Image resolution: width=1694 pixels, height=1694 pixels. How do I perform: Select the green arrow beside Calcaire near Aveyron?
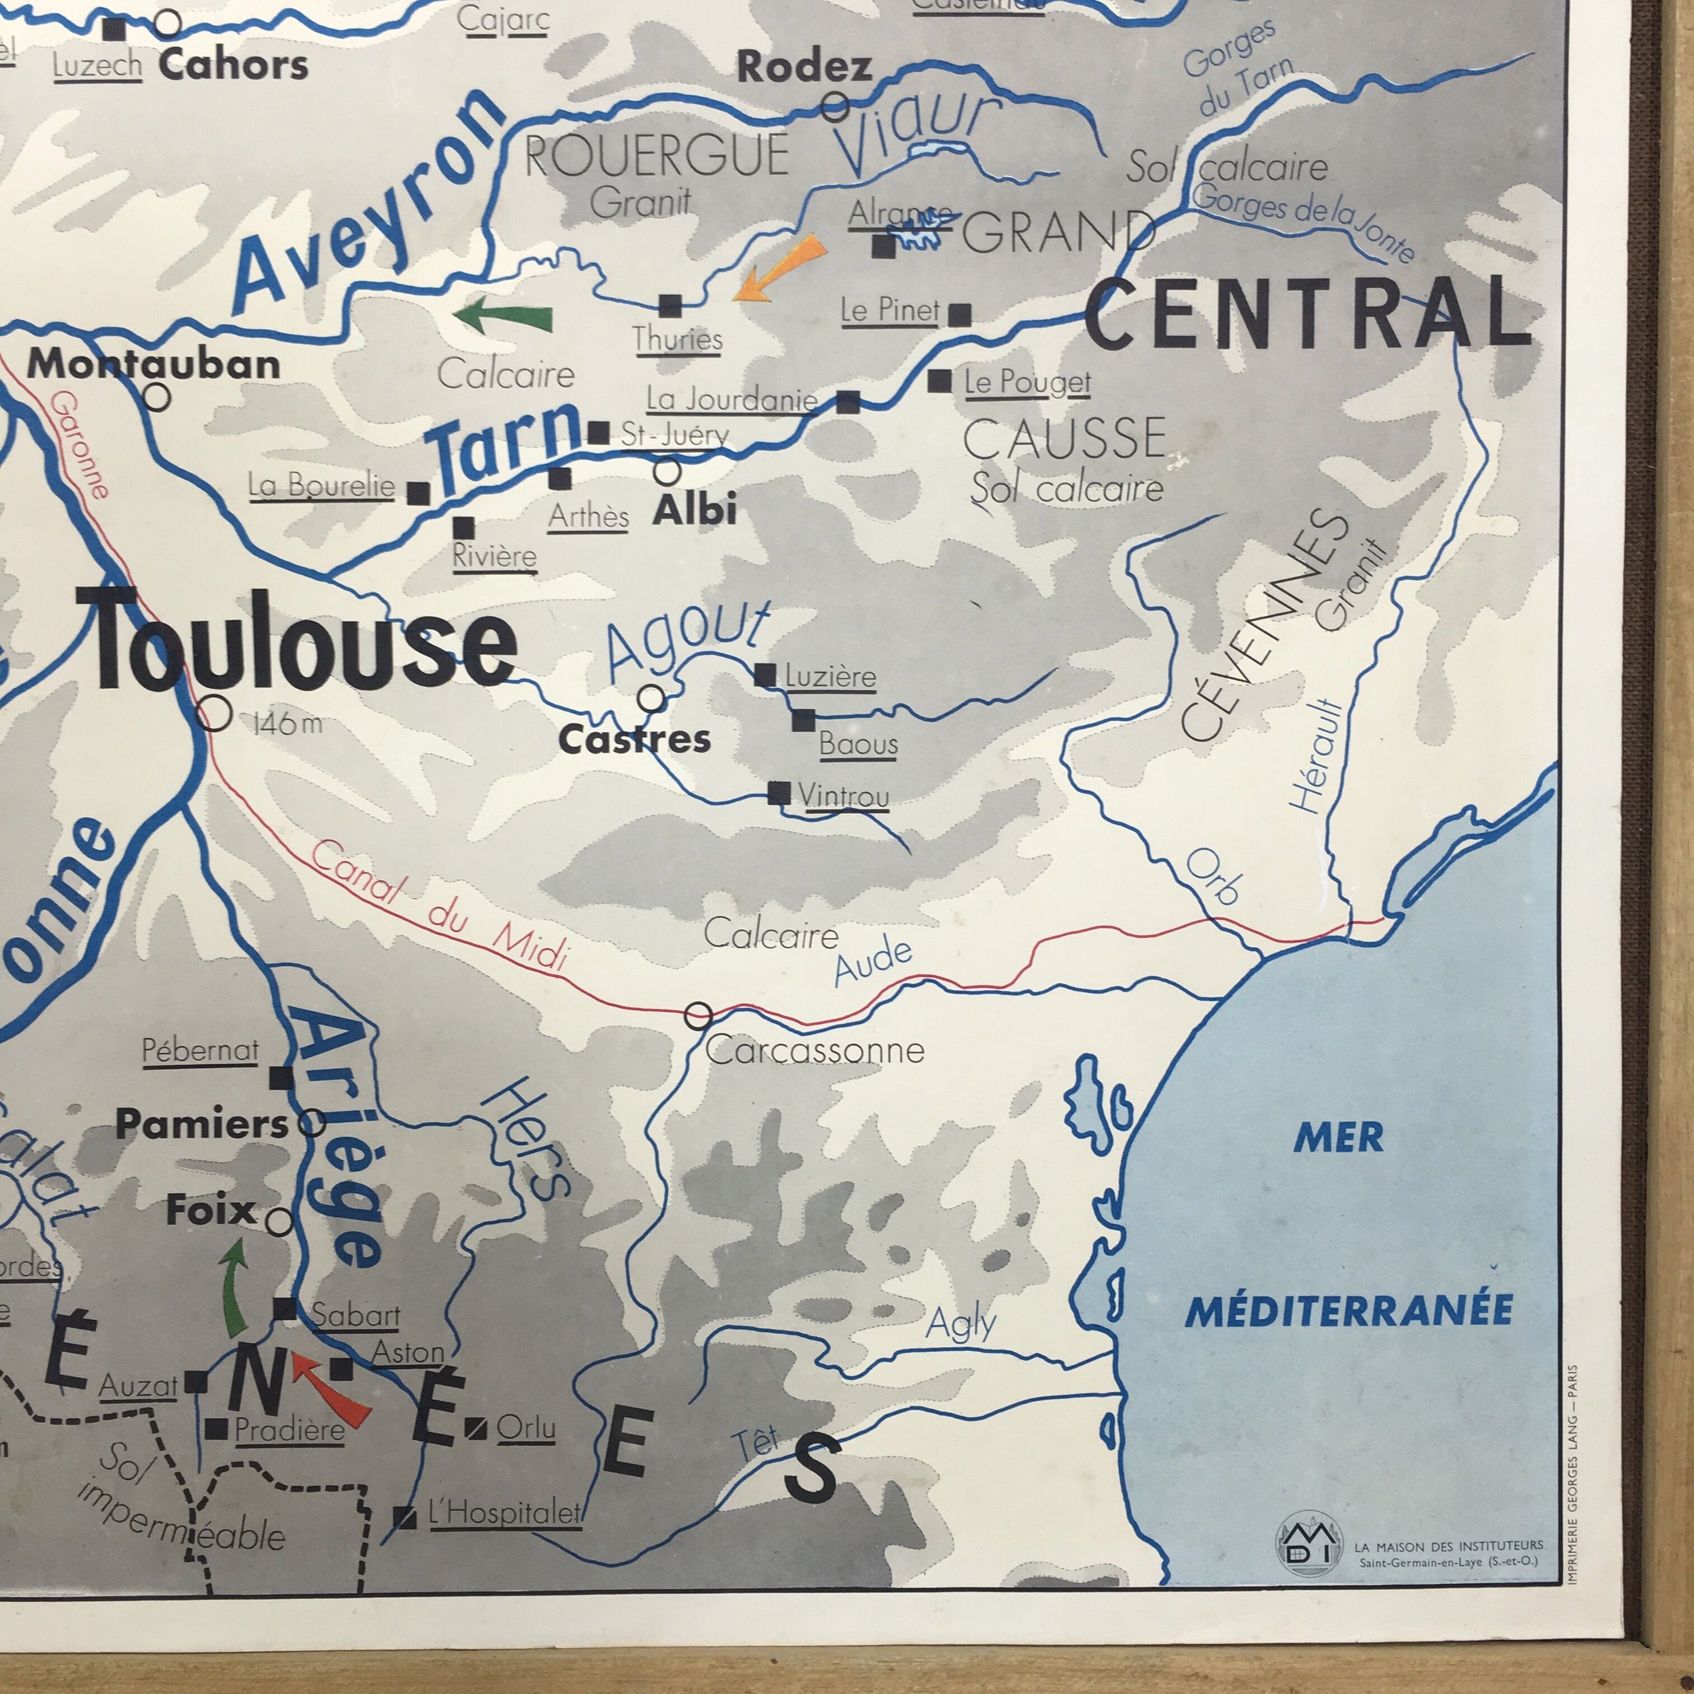[x=504, y=315]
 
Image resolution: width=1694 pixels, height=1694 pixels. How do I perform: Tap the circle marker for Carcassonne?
[x=698, y=1016]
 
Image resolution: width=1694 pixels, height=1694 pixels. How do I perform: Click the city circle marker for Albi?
[x=667, y=472]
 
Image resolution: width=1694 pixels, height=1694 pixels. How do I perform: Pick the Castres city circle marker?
[x=650, y=699]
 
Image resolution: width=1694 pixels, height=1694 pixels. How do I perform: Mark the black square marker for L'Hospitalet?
[x=404, y=1518]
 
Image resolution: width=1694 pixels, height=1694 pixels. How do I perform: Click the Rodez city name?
[x=804, y=67]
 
